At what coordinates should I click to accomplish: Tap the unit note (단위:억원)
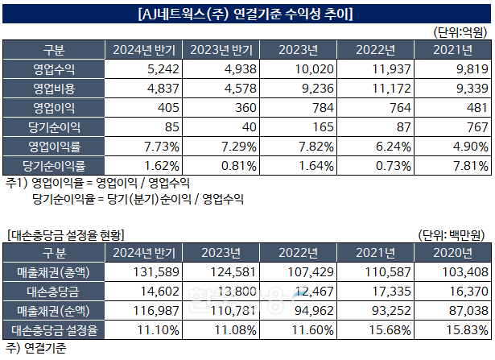[x=460, y=33]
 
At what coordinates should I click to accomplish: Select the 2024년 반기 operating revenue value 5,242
[x=155, y=69]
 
